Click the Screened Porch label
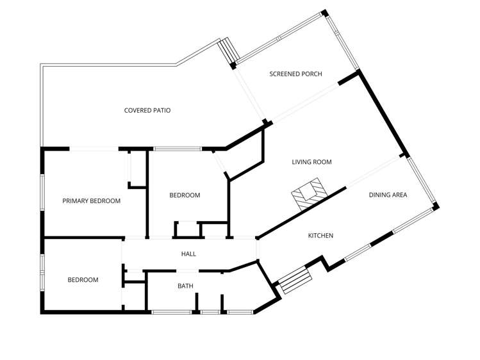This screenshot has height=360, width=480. [295, 74]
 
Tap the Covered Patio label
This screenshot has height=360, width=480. [147, 111]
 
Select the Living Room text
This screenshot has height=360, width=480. [311, 162]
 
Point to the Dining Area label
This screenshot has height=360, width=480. [388, 195]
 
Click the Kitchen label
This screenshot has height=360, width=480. [320, 236]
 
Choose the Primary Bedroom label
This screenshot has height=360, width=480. [92, 201]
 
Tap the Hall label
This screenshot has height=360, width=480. [188, 254]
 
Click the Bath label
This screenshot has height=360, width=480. [185, 286]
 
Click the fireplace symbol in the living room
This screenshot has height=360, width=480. [308, 194]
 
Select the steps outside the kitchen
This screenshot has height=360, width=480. [294, 281]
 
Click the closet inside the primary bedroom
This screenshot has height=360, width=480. [137, 168]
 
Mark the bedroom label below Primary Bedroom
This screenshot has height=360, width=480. [83, 280]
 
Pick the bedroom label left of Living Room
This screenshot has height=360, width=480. [185, 195]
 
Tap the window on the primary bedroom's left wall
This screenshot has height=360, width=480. [43, 192]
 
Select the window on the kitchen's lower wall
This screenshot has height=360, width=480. [358, 252]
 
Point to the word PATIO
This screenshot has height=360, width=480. [160, 111]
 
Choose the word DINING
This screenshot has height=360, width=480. [379, 195]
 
